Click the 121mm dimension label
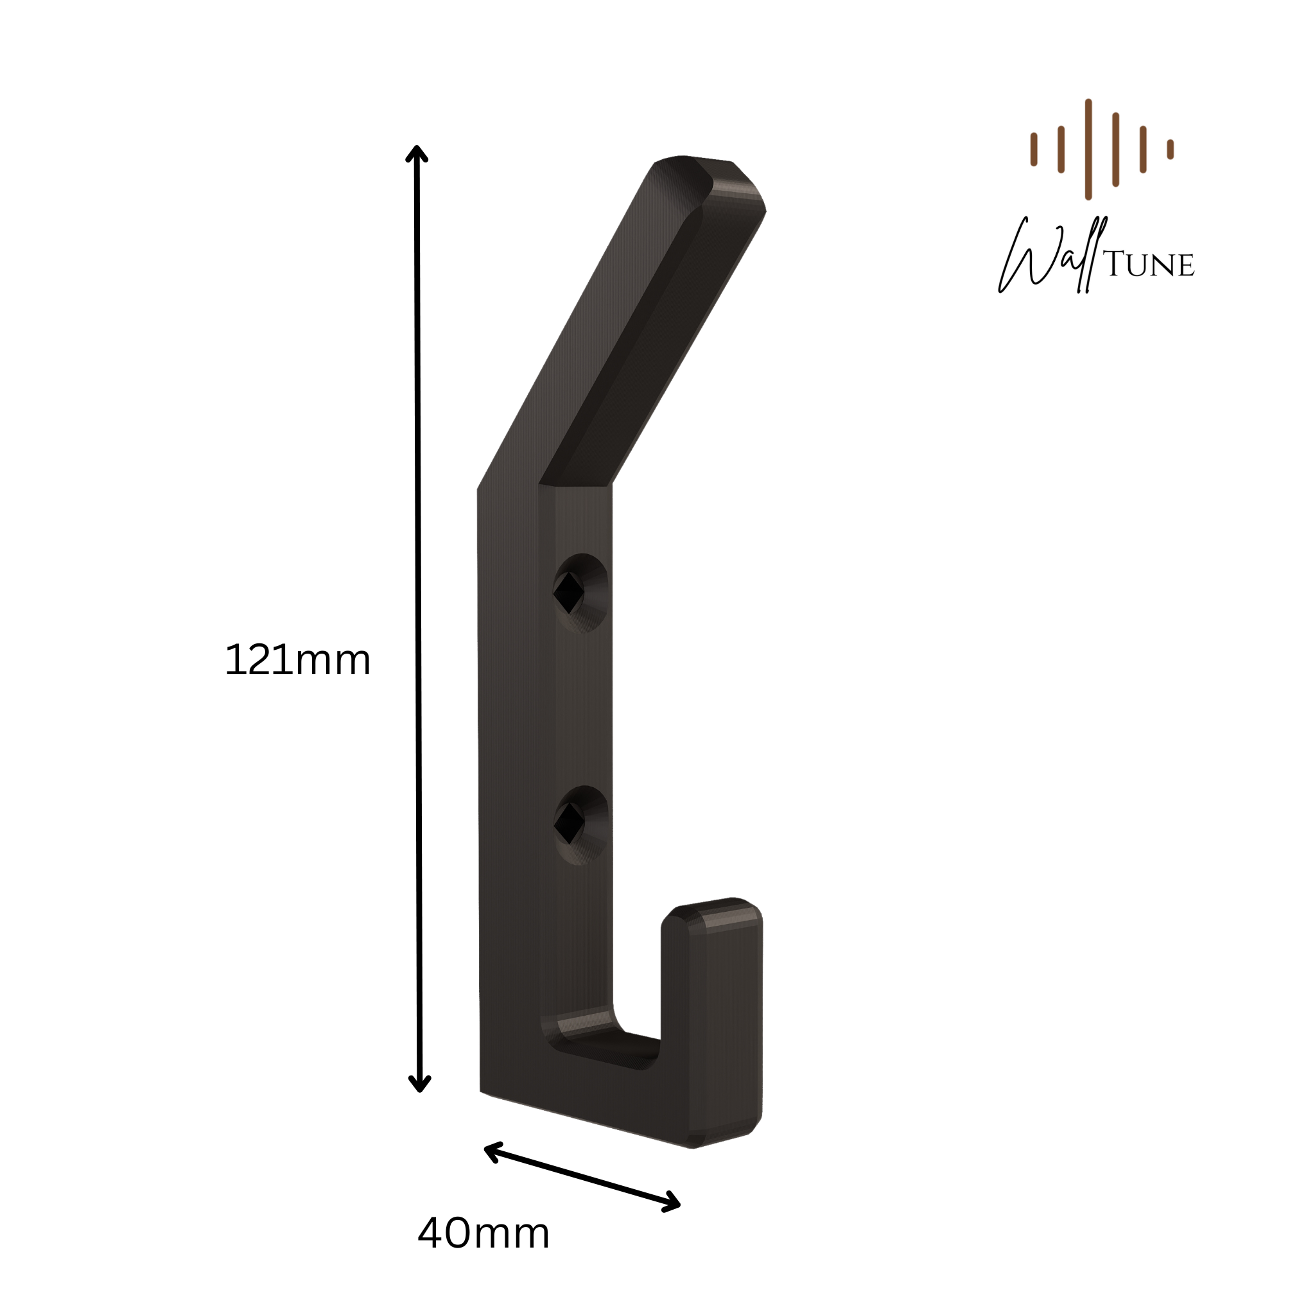(297, 660)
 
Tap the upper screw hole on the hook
(580, 592)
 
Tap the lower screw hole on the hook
(580, 825)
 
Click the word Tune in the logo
(1149, 265)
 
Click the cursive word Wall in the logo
(1052, 256)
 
